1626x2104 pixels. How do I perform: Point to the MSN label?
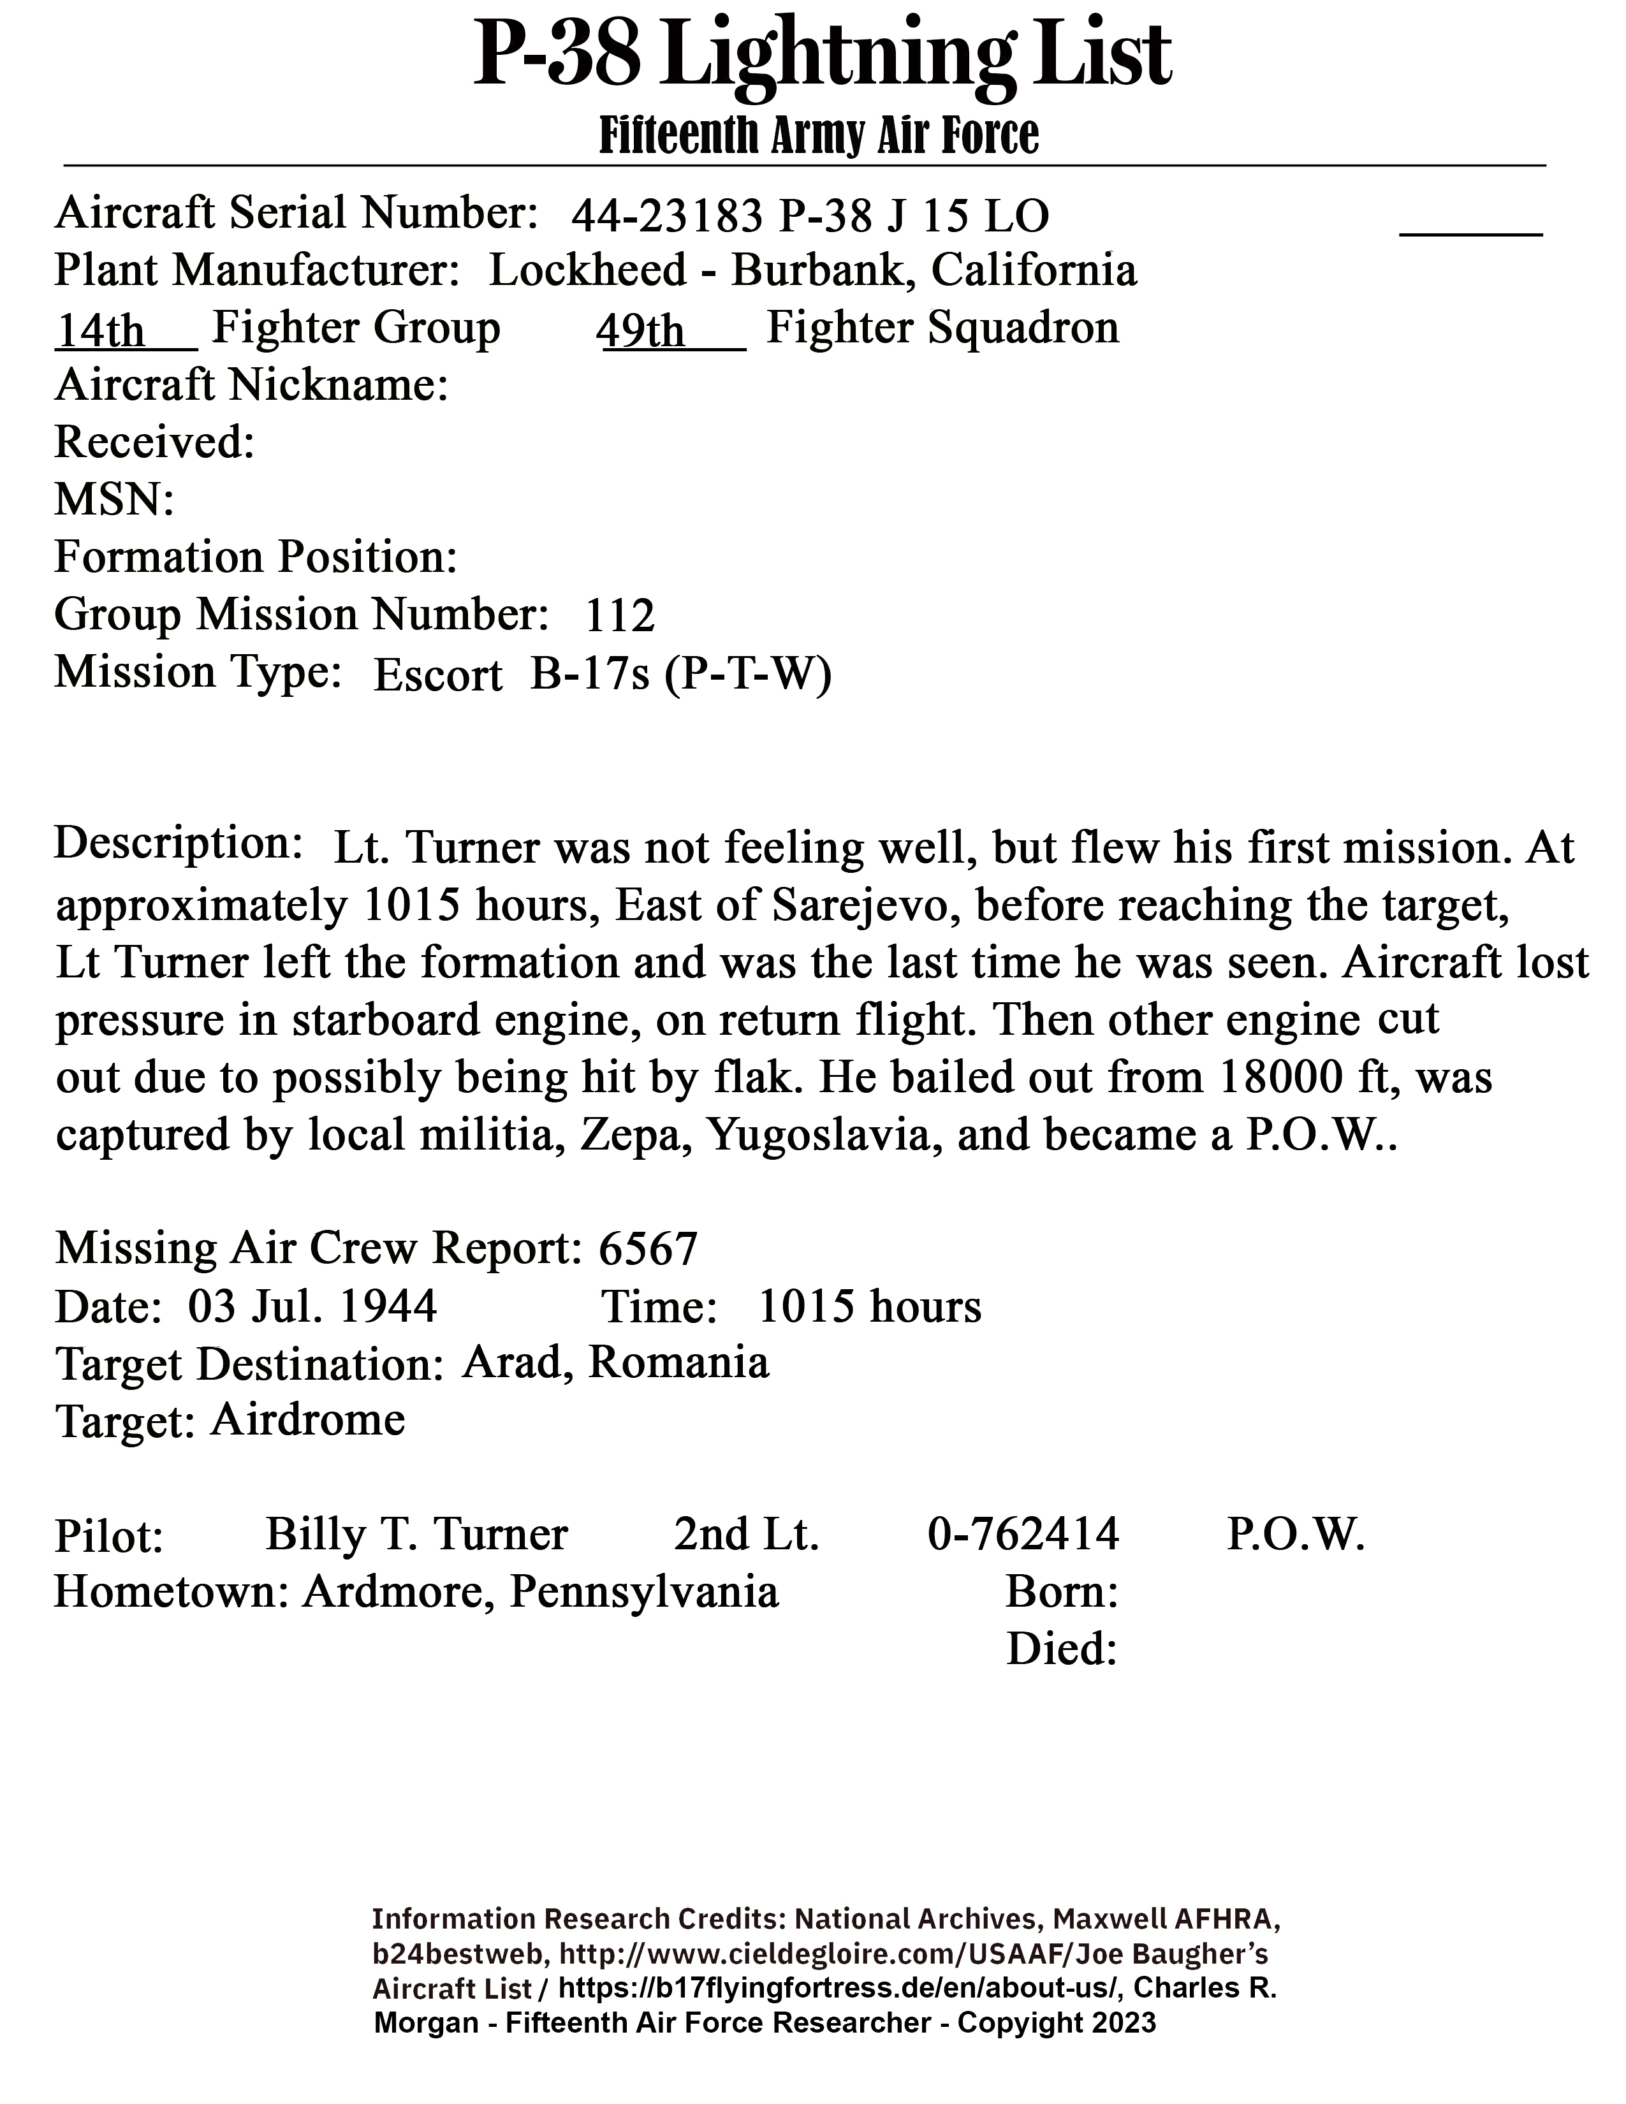(114, 501)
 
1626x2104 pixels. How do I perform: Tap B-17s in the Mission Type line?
(590, 675)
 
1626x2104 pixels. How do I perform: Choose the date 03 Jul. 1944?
(312, 1307)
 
